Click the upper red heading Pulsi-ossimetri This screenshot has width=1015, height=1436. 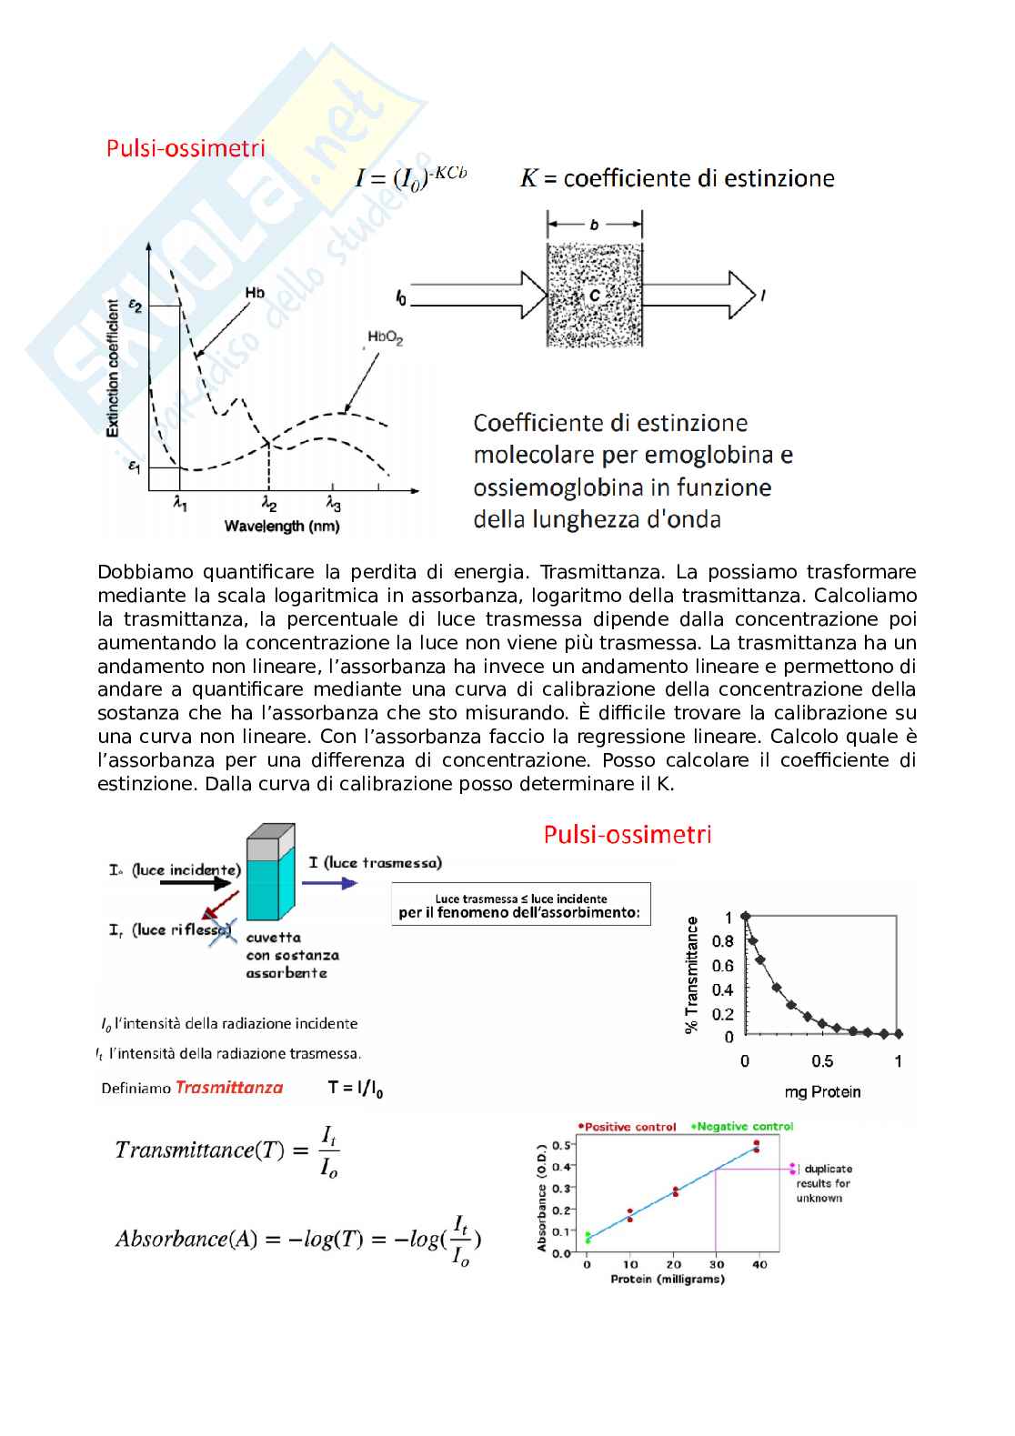pos(186,147)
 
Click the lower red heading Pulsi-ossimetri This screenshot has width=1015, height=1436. pos(627,834)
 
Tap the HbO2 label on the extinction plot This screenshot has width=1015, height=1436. pos(385,338)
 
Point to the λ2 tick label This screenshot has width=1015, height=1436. pos(269,504)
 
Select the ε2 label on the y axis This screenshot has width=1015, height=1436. pos(136,306)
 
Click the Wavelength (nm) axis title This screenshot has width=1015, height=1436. pos(282,527)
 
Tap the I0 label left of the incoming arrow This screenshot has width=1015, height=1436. pos(401,297)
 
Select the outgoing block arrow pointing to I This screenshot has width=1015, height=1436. pos(700,295)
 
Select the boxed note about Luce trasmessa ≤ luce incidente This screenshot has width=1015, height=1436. pos(521,905)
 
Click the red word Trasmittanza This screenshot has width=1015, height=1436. pos(229,1087)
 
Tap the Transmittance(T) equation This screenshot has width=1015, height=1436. pos(227,1150)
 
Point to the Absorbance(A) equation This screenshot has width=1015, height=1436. pos(298,1240)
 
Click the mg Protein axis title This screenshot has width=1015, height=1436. pos(822,1092)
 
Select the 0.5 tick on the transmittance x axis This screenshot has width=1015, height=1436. pos(822,1061)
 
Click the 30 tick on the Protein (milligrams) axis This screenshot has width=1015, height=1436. pos(717,1264)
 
